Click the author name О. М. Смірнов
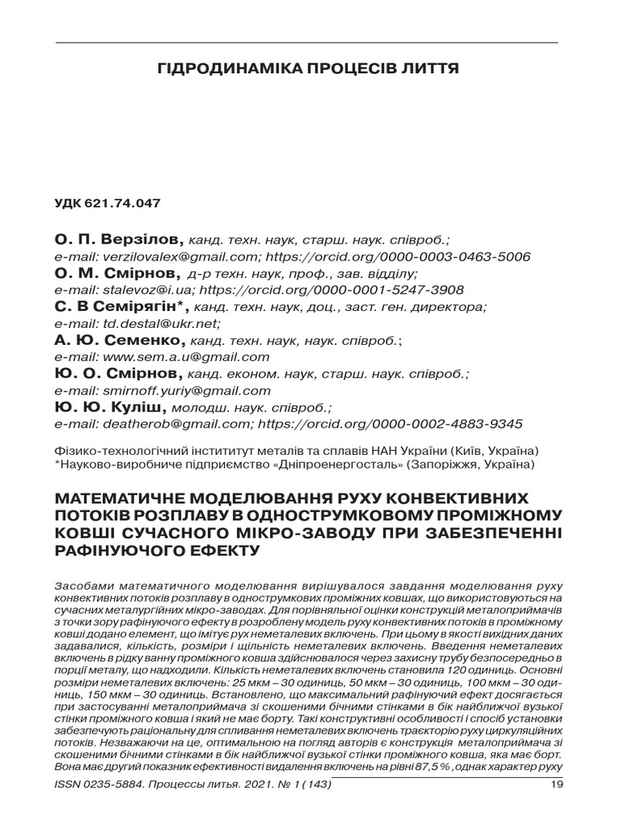(119, 274)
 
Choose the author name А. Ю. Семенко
(120, 341)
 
